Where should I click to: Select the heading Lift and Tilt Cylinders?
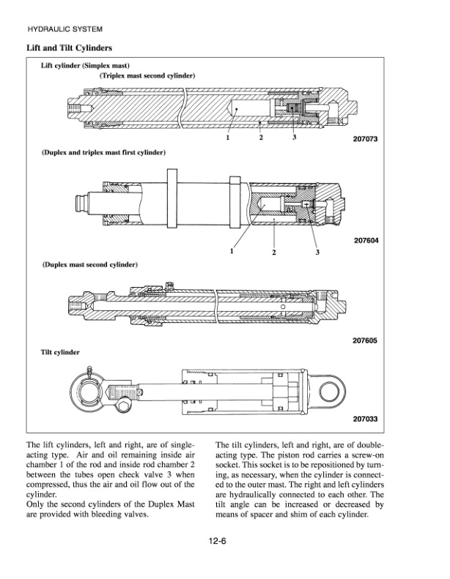pyautogui.click(x=69, y=48)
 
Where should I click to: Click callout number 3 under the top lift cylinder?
pyautogui.click(x=294, y=138)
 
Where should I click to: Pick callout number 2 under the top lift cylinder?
pyautogui.click(x=261, y=138)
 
